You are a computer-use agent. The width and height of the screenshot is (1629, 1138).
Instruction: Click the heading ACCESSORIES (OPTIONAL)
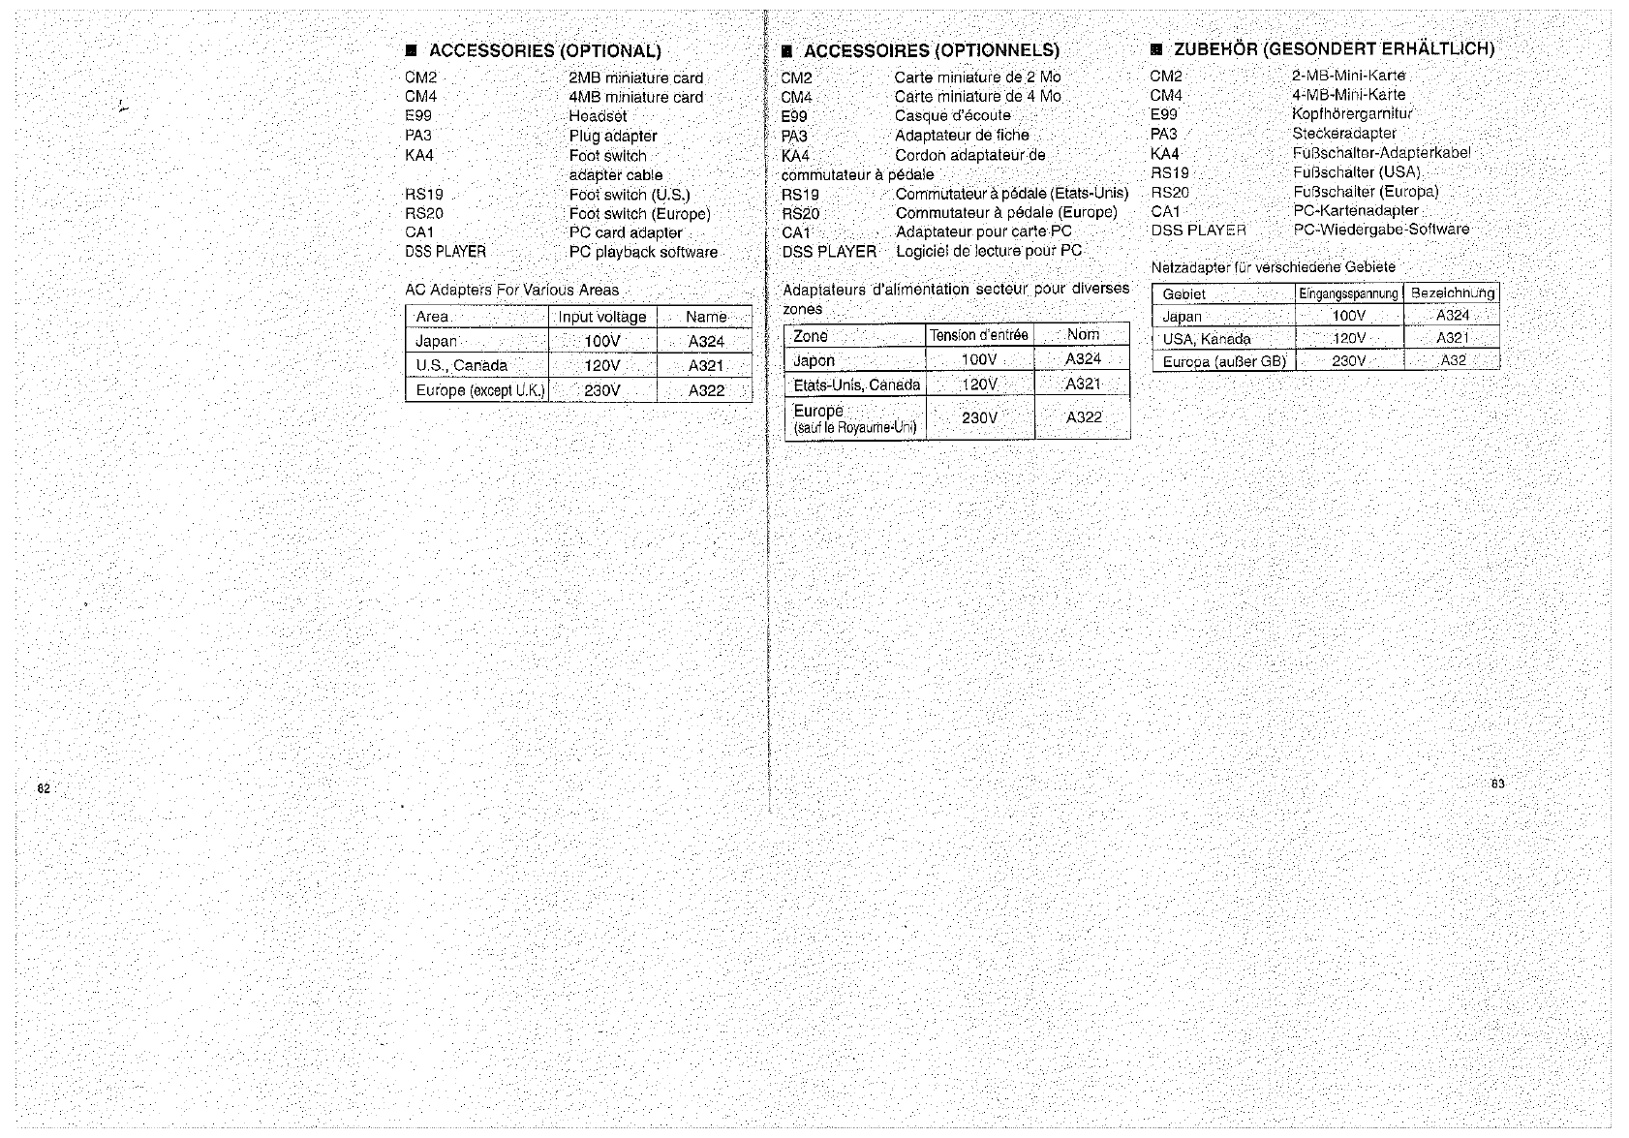pos(544,51)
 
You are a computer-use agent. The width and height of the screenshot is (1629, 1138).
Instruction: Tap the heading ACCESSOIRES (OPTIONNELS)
pos(931,50)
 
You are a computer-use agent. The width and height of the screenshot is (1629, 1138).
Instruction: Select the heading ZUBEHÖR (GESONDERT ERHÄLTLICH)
pos(1334,48)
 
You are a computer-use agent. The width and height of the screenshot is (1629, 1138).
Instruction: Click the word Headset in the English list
pos(598,116)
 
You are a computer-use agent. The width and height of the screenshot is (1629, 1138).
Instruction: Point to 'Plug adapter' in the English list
pos(613,136)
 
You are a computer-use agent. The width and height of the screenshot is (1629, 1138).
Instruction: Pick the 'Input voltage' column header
pos(601,317)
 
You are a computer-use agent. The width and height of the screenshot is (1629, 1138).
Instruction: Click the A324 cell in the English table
pos(706,341)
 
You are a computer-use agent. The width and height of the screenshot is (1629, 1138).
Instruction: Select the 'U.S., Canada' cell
pos(461,365)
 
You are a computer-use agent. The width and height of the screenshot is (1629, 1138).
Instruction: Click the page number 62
pos(44,788)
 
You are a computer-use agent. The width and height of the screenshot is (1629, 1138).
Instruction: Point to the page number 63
pos(1497,784)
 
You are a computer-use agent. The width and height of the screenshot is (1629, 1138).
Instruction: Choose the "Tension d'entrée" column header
pos(978,335)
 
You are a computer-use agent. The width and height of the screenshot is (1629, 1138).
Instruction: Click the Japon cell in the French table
pos(814,360)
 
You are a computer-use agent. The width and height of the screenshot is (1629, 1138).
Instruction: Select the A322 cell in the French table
pos(1084,417)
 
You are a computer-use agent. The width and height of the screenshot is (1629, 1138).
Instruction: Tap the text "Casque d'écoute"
pos(952,115)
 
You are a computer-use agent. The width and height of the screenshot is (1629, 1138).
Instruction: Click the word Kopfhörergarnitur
pos(1352,113)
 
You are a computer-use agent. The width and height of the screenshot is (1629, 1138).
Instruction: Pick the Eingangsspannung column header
pos(1348,293)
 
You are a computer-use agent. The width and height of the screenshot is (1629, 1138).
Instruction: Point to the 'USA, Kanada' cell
pos(1207,339)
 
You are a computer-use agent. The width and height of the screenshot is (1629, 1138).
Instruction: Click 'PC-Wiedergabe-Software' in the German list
pos(1381,230)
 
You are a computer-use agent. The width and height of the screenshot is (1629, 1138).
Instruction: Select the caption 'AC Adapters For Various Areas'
pos(511,290)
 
